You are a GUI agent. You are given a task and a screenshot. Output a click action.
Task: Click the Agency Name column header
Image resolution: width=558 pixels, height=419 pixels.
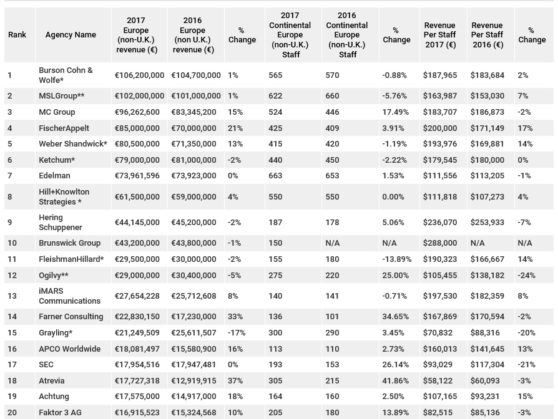coord(71,35)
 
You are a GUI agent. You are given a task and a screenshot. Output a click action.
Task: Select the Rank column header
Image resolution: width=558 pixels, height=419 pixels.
coord(17,35)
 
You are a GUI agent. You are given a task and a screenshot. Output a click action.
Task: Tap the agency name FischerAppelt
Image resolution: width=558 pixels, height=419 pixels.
coord(64,128)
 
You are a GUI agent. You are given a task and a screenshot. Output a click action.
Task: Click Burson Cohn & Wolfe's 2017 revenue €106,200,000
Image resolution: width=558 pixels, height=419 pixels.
coord(140,75)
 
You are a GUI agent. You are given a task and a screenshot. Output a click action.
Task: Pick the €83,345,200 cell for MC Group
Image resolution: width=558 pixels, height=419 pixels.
coord(193,112)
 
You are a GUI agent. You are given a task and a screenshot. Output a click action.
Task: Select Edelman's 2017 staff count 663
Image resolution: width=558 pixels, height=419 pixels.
coord(275,176)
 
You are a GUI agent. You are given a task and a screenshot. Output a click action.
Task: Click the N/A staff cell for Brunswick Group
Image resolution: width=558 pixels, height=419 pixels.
coord(333,243)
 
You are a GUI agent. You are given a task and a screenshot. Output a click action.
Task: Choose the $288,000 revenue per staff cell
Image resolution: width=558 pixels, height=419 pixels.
coord(440,243)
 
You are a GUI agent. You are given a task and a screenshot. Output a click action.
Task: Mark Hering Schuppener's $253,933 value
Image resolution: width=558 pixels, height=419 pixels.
coord(487,223)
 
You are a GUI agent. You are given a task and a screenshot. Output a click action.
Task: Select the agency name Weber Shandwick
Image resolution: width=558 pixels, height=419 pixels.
coord(73,144)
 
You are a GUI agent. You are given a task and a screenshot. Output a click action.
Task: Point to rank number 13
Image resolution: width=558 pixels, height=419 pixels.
coord(12,296)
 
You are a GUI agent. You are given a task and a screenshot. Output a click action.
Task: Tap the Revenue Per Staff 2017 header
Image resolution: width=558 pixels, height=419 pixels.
coord(440,35)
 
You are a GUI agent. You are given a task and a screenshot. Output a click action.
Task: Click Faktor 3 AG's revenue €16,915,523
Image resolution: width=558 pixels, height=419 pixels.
coord(137,413)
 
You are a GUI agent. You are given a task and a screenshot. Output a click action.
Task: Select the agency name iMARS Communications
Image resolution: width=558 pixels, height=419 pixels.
coord(70,296)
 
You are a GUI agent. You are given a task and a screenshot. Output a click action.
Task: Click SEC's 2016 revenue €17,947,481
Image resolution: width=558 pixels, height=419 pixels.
coord(193,365)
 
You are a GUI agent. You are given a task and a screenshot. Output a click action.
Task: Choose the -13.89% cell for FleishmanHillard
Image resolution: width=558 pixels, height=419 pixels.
coord(397,259)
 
